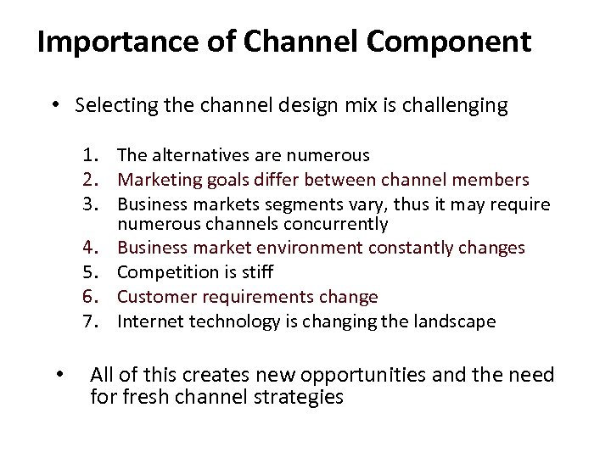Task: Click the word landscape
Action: pyautogui.click(x=454, y=321)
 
